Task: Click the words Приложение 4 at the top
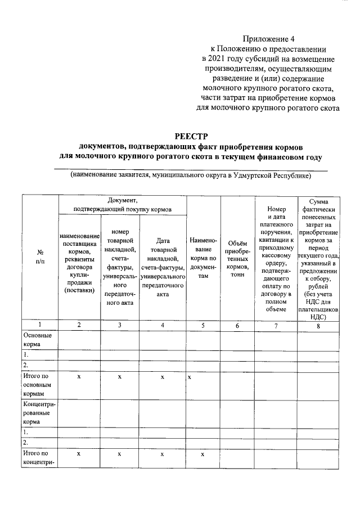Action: pyautogui.click(x=269, y=39)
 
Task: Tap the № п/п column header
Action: pyautogui.click(x=40, y=257)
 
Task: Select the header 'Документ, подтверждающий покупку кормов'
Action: pyautogui.click(x=122, y=204)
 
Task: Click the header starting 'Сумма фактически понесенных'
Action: pyautogui.click(x=318, y=258)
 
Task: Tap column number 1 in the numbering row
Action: pyautogui.click(x=40, y=325)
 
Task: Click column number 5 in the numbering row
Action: pyautogui.click(x=204, y=325)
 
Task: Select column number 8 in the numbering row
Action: pyautogui.click(x=318, y=325)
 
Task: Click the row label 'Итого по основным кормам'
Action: pyautogui.click(x=38, y=386)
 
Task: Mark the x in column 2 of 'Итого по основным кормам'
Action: pyautogui.click(x=79, y=377)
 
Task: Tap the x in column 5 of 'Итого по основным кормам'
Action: pyautogui.click(x=190, y=377)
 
